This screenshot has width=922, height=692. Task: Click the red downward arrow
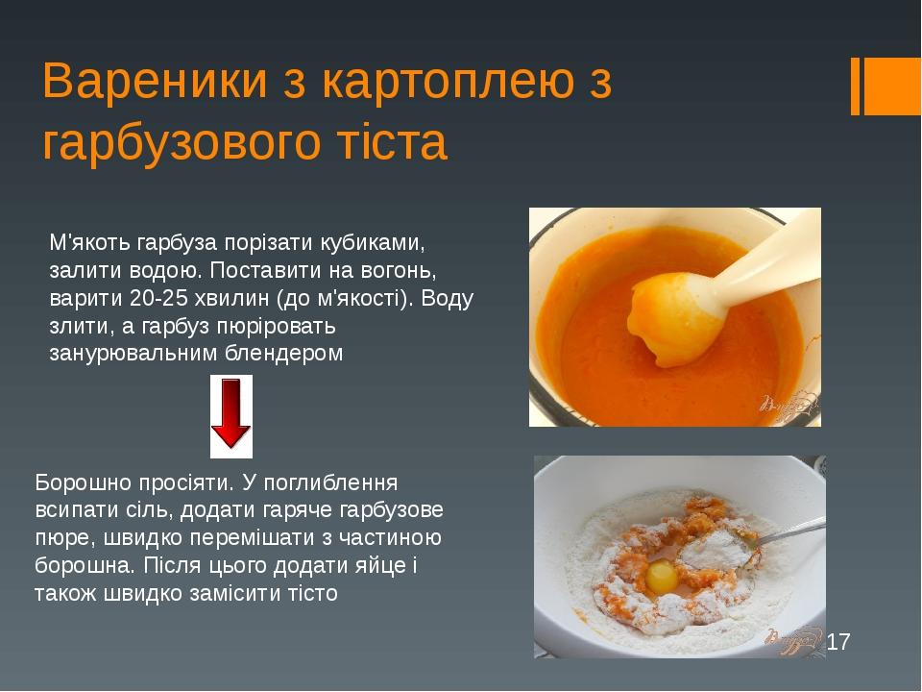(230, 414)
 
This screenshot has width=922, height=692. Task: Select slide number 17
(838, 640)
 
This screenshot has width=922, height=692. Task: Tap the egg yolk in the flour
(661, 577)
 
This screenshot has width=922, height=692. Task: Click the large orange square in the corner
(892, 86)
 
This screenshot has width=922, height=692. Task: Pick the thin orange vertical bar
(856, 86)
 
